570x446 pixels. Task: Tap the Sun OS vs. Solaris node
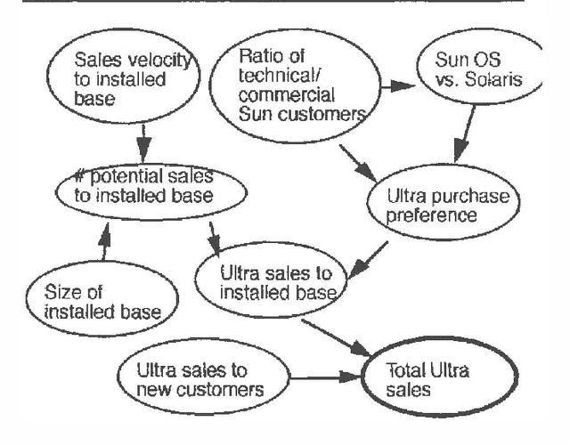coord(481,70)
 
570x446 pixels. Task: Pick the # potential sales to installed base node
coord(152,185)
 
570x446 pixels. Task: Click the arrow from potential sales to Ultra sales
coord(214,236)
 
